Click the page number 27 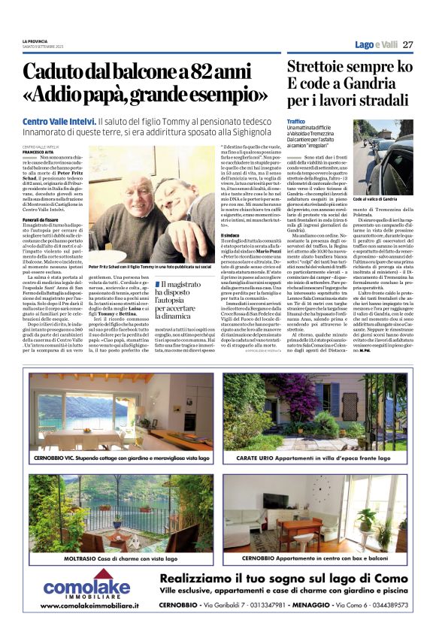click(407, 45)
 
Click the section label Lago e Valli click(376, 45)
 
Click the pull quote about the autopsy click(186, 301)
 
